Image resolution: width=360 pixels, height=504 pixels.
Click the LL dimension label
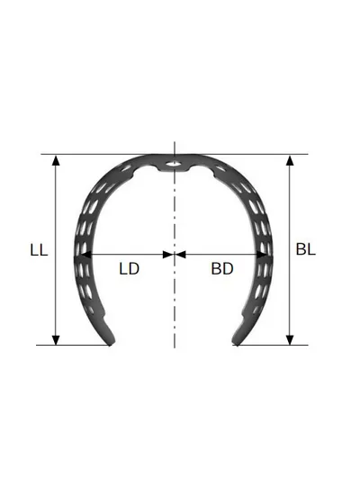[39, 250]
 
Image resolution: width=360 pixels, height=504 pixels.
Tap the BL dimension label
[306, 249]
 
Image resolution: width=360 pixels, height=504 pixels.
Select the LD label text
[130, 269]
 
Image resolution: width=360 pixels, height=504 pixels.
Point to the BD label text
[222, 269]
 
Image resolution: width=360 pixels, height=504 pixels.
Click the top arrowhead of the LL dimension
[56, 161]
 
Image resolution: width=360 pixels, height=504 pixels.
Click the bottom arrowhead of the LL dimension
[56, 340]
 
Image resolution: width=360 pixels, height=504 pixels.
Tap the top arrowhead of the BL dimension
[290, 161]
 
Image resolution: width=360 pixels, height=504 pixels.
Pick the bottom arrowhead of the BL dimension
[290, 340]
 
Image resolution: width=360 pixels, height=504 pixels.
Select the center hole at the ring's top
[174, 164]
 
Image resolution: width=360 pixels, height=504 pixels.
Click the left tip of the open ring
[111, 343]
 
